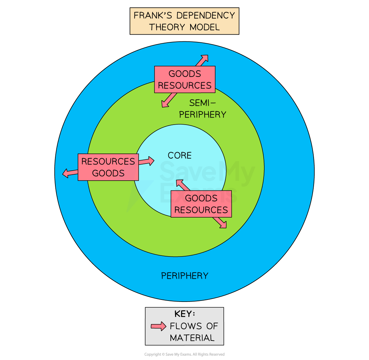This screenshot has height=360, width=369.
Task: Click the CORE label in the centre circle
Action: (179, 155)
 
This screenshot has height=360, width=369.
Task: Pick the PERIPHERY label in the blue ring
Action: (185, 276)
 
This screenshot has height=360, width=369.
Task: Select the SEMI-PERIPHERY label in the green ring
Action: (203, 108)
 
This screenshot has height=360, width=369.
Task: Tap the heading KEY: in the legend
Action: (184, 314)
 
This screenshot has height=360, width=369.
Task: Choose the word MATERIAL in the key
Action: (192, 338)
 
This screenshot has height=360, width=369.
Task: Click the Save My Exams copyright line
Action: (184, 354)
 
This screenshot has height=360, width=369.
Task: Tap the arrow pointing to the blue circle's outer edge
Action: (202, 60)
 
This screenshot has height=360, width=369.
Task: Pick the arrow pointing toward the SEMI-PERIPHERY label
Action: (169, 100)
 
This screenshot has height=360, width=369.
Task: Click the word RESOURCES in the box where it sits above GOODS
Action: (108, 162)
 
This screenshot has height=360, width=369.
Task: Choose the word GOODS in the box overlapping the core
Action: (201, 198)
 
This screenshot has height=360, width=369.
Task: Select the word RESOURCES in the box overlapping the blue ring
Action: (185, 85)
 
